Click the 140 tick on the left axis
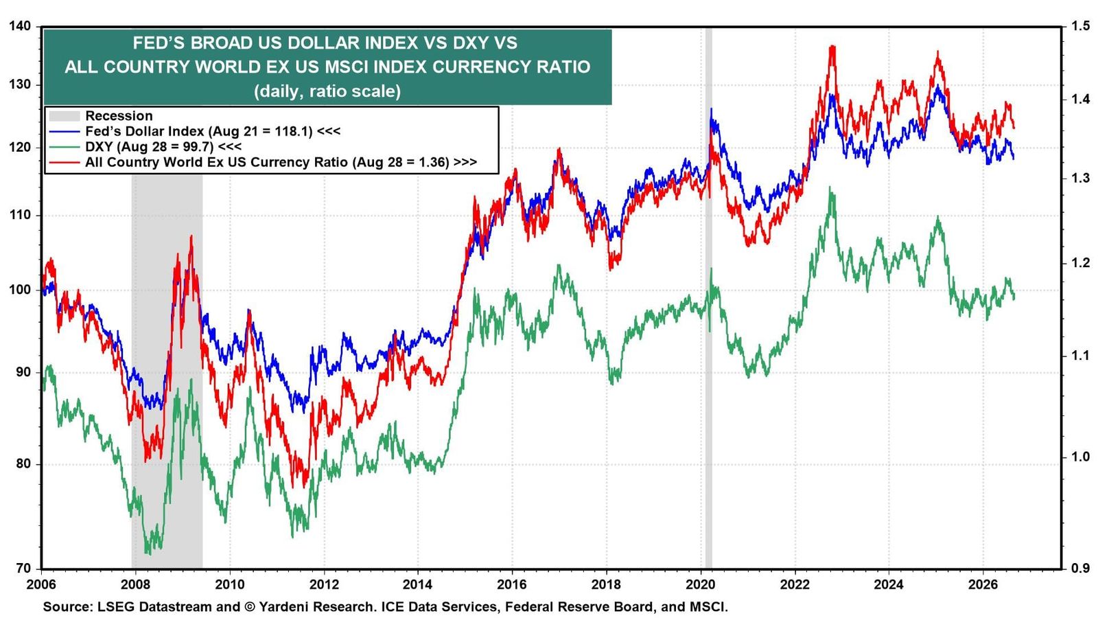(x=20, y=26)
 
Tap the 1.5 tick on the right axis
(x=1077, y=26)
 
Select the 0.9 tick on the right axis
(x=1077, y=569)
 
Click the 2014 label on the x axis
(x=418, y=584)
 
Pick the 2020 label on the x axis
(x=701, y=584)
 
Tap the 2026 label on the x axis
(x=983, y=584)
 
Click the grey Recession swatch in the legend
(x=65, y=116)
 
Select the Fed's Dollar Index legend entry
(x=195, y=131)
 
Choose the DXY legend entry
(x=145, y=147)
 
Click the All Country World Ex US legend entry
(x=263, y=162)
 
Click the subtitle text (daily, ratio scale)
(x=327, y=91)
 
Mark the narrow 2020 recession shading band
(x=708, y=298)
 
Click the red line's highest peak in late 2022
(x=832, y=47)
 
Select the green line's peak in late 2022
(x=830, y=187)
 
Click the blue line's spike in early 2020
(x=711, y=110)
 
